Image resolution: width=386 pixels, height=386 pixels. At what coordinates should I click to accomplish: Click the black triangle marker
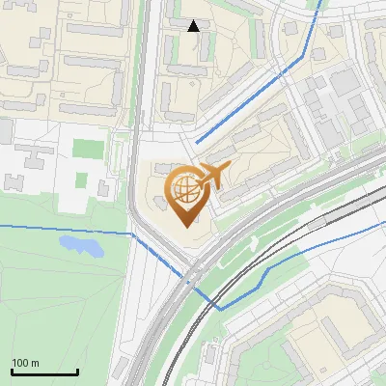(x=193, y=26)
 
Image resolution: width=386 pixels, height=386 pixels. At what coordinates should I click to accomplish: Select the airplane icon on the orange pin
(x=213, y=176)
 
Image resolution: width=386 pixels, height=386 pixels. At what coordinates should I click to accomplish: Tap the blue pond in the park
(x=81, y=245)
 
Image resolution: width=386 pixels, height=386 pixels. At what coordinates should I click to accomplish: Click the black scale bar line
(x=44, y=372)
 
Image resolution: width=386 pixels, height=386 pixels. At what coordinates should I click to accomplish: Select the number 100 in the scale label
(x=20, y=363)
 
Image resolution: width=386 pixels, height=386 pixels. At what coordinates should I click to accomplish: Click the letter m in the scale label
(x=35, y=363)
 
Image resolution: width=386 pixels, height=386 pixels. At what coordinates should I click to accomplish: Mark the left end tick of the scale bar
(x=12, y=370)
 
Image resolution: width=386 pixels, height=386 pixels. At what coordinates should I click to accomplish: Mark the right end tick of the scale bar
(x=77, y=370)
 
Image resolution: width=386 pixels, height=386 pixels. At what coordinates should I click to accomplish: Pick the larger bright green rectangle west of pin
(x=88, y=150)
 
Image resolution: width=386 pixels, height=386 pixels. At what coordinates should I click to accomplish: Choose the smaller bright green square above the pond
(x=103, y=185)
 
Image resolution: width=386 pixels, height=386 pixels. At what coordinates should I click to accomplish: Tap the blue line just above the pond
(x=68, y=227)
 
